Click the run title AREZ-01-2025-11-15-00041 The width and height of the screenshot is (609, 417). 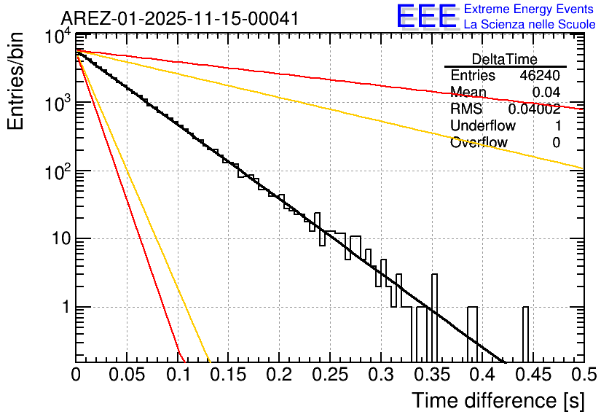179,19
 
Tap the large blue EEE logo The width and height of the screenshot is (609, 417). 426,16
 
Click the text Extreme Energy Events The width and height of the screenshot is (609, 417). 529,9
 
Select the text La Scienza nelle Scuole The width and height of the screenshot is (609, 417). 530,24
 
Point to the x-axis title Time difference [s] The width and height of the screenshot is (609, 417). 498,400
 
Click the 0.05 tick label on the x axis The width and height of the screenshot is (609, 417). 127,375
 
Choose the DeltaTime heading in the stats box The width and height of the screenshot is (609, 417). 505,59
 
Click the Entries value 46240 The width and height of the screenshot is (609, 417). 540,76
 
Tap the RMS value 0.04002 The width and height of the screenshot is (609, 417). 534,109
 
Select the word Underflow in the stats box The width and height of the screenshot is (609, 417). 483,126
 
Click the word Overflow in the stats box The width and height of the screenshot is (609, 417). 479,143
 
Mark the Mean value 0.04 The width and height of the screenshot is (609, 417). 546,93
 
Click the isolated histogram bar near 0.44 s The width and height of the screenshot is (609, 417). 525,334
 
